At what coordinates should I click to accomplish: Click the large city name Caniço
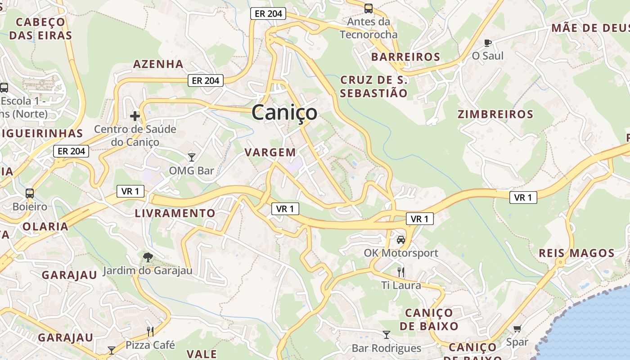point(284,112)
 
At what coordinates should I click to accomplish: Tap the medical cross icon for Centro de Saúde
point(135,116)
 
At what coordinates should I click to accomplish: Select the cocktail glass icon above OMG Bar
point(192,157)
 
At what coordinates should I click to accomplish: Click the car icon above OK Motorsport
point(401,239)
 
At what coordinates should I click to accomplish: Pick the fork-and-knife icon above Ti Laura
point(401,272)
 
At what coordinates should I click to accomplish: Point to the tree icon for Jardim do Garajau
point(148,257)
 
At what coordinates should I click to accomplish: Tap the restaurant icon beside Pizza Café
point(150,332)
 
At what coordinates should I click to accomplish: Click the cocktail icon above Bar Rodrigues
point(386,334)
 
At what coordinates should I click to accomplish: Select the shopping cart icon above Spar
point(517,329)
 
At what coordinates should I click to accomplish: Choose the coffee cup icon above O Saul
point(487,43)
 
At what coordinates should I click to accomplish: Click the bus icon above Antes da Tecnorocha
point(369,8)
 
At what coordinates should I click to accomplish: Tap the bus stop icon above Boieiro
point(30,193)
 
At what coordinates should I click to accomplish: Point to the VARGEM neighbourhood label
point(270,153)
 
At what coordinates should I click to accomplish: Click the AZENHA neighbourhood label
point(158,64)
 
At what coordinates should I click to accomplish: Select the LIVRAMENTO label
point(175,213)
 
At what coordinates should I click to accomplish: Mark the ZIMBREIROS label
point(495,114)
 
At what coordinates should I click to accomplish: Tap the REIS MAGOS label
point(577,253)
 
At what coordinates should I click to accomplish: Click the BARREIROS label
point(405,57)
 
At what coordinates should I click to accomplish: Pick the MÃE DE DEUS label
point(590,28)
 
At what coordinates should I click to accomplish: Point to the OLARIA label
point(45,226)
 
